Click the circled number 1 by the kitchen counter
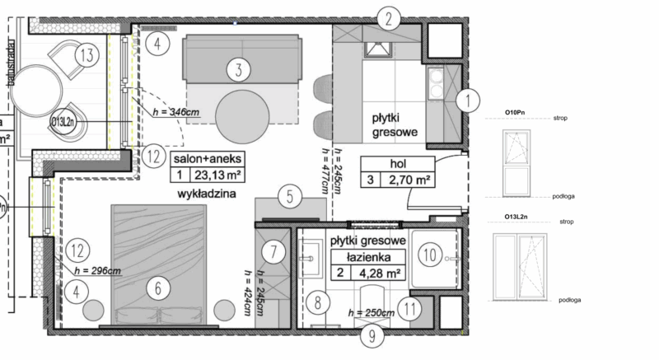point(468,101)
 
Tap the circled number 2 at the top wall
point(390,17)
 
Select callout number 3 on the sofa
point(237,70)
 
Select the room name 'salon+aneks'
point(204,157)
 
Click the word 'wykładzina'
point(207,194)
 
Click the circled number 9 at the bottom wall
point(371,336)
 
